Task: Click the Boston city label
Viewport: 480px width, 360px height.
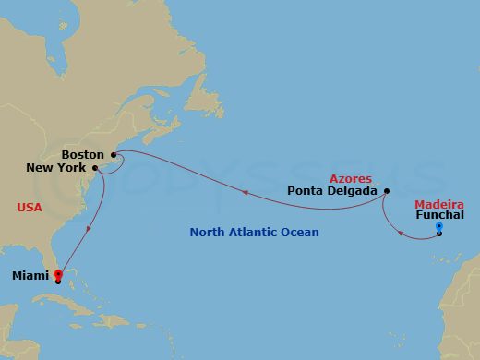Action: (83, 154)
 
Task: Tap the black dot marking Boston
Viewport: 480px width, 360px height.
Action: (113, 154)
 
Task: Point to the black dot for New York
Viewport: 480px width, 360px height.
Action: (96, 168)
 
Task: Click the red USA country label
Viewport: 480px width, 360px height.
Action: (30, 208)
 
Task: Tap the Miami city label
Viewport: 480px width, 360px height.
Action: (30, 276)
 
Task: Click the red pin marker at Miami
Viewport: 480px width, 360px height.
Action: (57, 275)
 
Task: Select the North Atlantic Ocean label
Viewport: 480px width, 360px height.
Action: (254, 233)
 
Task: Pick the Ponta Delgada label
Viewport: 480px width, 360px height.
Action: (332, 191)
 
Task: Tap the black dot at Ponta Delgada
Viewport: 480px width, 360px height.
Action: (387, 191)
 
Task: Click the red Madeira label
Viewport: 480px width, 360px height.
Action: (438, 203)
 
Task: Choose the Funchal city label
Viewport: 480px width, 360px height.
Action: (440, 215)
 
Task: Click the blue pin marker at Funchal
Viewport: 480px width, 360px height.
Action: (439, 227)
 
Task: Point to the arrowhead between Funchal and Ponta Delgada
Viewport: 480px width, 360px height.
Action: (400, 233)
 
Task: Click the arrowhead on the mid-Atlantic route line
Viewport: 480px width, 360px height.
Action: (245, 193)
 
